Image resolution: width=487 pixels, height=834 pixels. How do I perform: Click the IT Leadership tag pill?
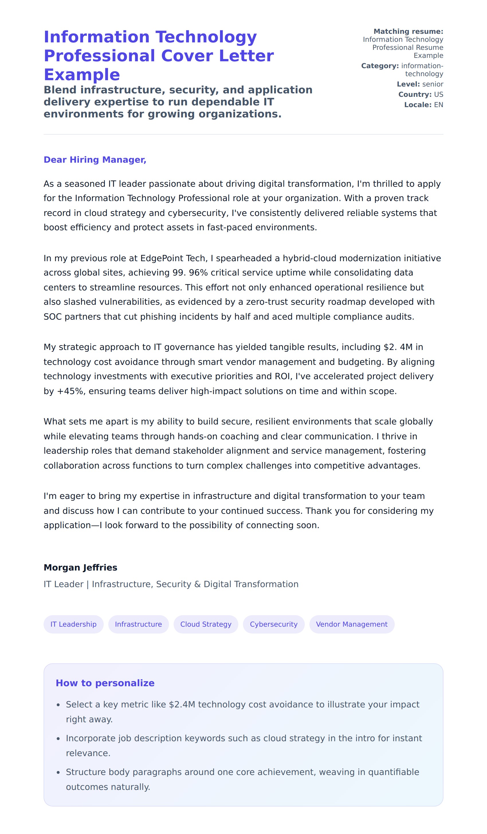coord(74,624)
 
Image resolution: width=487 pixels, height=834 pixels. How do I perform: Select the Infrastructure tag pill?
coord(138,624)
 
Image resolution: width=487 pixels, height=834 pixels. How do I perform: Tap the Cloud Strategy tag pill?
coord(206,624)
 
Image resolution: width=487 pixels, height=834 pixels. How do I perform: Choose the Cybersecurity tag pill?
coord(274,624)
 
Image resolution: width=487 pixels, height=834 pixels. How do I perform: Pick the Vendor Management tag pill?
coord(351,624)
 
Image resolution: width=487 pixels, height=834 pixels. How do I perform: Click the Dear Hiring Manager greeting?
coord(95,160)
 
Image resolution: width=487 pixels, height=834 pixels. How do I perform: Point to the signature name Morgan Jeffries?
coord(80,568)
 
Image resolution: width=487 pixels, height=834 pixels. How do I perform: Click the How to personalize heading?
coord(105,683)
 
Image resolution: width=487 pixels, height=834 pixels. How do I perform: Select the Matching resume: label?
coord(408,32)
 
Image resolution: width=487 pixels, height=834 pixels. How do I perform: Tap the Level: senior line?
coord(420,84)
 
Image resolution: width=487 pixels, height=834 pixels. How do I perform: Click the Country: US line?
coord(421,94)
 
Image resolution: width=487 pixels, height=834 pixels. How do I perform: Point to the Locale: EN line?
coord(423,105)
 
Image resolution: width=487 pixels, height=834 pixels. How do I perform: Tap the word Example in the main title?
coord(82,74)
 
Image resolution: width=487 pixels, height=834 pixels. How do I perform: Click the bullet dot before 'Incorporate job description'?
coord(58,739)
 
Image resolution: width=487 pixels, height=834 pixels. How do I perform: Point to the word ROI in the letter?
coord(282,376)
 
